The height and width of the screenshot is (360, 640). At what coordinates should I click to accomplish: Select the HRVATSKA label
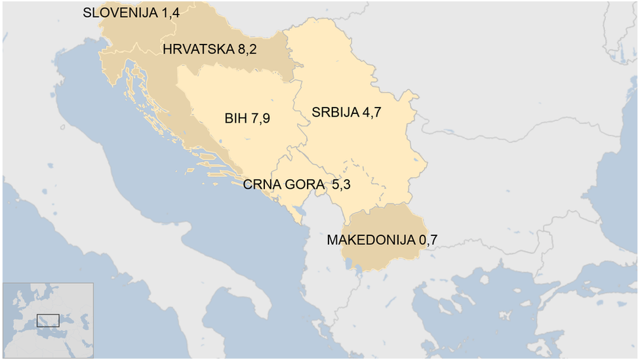point(197,49)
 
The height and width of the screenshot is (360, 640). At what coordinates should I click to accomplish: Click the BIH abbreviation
point(235,119)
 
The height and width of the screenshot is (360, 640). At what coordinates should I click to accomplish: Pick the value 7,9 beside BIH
point(260,119)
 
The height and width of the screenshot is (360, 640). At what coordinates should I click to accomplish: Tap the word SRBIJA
point(335,112)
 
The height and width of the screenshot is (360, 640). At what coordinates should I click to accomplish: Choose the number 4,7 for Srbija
point(372,112)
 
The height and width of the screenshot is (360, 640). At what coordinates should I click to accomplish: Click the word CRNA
point(260,185)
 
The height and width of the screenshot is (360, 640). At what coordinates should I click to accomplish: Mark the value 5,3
point(341,185)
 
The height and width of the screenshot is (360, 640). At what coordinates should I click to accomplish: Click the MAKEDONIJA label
point(370,240)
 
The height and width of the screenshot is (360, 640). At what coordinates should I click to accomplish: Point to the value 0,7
point(428,240)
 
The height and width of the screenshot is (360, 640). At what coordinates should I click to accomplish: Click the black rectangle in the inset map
point(48,321)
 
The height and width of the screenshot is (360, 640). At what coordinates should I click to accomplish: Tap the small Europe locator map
point(47,321)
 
